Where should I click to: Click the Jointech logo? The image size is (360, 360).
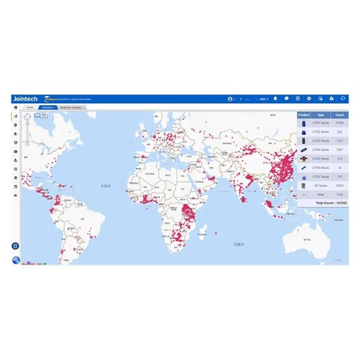[24, 98]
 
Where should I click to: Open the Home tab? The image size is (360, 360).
[30, 107]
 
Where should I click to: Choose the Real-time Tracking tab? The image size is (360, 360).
[74, 107]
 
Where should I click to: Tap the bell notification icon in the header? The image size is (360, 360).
[275, 98]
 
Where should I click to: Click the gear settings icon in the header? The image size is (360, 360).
[309, 98]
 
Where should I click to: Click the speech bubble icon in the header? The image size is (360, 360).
[287, 98]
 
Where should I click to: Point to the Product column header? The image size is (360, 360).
[304, 115]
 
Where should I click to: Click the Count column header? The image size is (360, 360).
[340, 115]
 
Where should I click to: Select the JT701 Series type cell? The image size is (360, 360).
[320, 122]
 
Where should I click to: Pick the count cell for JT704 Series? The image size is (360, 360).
[340, 149]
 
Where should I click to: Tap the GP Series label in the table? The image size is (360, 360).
[320, 185]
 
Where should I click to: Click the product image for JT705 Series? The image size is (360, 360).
[304, 158]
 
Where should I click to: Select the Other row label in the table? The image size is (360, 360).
[320, 194]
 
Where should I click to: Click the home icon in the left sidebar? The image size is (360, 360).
[16, 107]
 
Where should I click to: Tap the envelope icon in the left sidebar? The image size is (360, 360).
[16, 151]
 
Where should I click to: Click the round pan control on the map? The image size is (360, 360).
[27, 118]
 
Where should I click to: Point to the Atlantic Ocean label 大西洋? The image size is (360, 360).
[106, 186]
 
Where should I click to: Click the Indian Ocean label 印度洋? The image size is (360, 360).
[238, 244]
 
